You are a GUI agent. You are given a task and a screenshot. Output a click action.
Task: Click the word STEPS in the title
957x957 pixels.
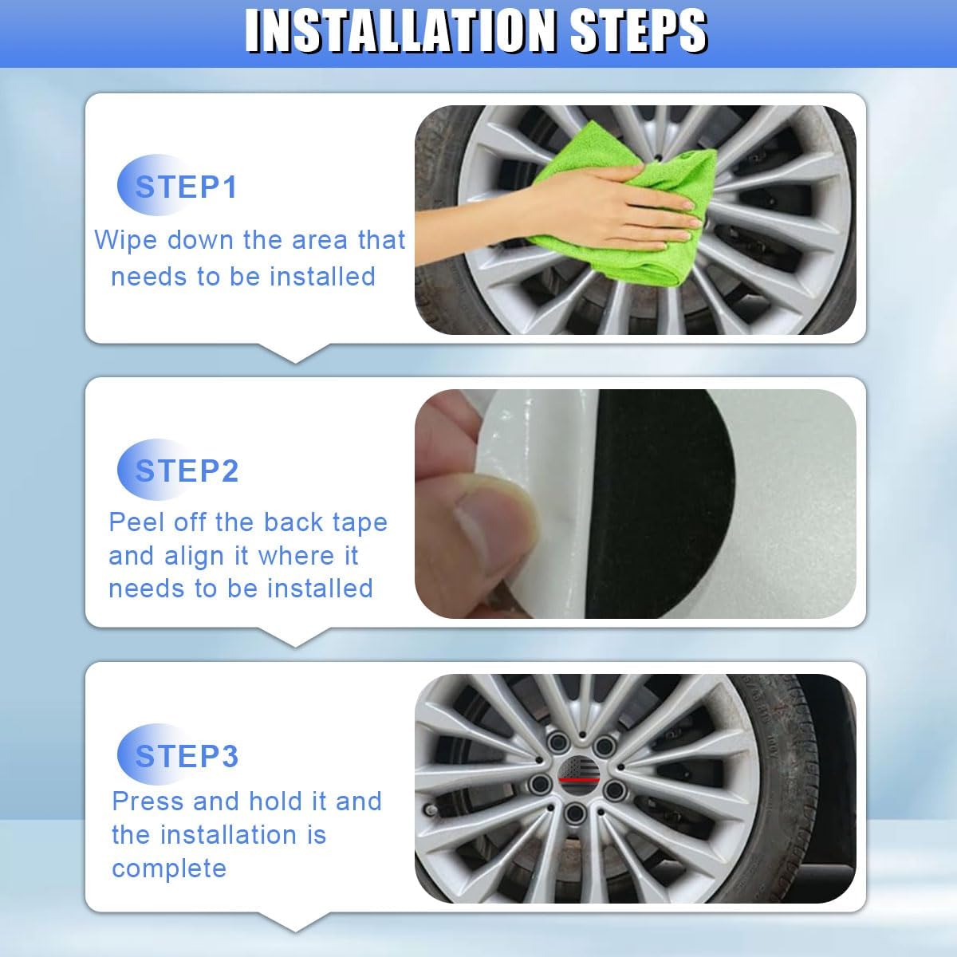click(639, 31)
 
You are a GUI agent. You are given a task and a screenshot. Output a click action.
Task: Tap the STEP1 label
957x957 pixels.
click(187, 187)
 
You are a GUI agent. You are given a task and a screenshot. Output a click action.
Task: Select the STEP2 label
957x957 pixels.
click(187, 471)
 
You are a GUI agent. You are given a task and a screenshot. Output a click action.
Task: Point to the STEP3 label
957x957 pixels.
click(187, 756)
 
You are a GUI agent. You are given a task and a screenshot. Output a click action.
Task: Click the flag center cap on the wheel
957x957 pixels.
click(578, 778)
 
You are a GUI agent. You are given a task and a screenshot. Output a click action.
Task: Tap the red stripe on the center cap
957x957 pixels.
click(578, 780)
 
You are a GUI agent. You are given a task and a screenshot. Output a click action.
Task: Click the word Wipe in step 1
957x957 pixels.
click(126, 240)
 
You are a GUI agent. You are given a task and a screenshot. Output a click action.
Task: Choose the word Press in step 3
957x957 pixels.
click(148, 801)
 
